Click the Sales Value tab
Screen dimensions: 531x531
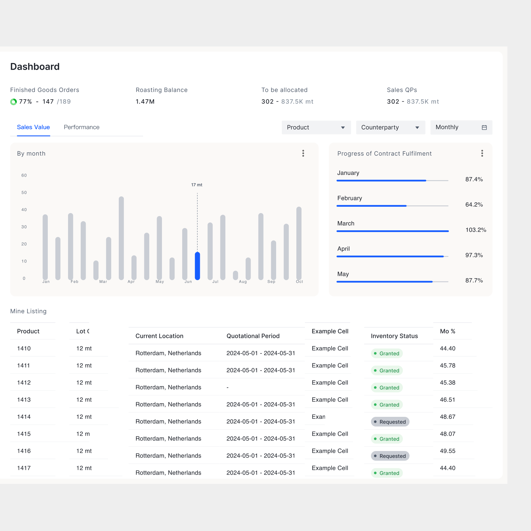pyautogui.click(x=33, y=127)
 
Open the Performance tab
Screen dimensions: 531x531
pyautogui.click(x=81, y=127)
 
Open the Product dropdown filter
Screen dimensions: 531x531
pyautogui.click(x=316, y=127)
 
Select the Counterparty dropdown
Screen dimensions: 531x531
pyautogui.click(x=390, y=127)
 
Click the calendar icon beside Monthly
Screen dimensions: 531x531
pyautogui.click(x=484, y=127)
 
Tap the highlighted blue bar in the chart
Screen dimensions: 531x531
pyautogui.click(x=197, y=266)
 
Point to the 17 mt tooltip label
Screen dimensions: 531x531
pyautogui.click(x=196, y=185)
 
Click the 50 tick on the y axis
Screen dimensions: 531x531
pyautogui.click(x=24, y=192)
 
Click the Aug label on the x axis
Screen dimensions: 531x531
pyautogui.click(x=243, y=282)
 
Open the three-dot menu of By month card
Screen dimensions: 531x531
pyautogui.click(x=303, y=153)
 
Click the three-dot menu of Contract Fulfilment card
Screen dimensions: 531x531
pyautogui.click(x=482, y=153)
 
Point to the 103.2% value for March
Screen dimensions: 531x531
pyautogui.click(x=475, y=230)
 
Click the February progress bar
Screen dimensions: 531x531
pyautogui.click(x=392, y=206)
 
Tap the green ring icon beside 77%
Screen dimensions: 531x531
pyautogui.click(x=14, y=102)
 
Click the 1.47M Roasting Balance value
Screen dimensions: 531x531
pyautogui.click(x=145, y=102)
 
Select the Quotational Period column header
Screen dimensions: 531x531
pyautogui.click(x=253, y=336)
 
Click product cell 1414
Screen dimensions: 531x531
pyautogui.click(x=24, y=417)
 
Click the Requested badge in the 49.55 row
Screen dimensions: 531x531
pyautogui.click(x=390, y=456)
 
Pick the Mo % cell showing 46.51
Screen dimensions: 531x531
pyautogui.click(x=447, y=400)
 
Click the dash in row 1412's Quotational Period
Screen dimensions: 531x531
pyautogui.click(x=228, y=387)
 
